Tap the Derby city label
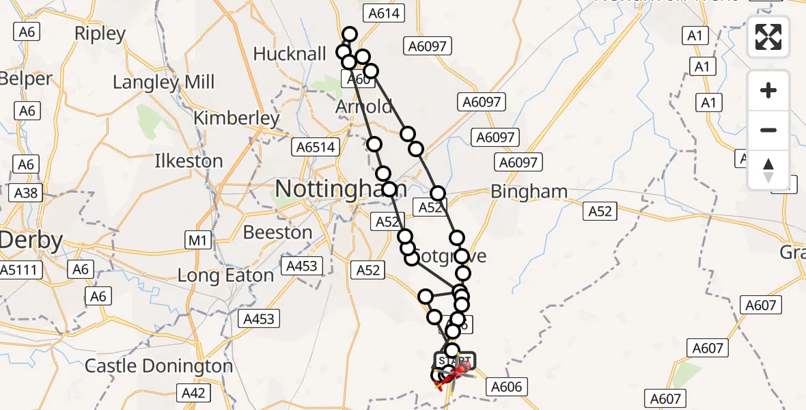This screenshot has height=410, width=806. pyautogui.click(x=31, y=241)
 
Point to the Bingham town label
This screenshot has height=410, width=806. pyautogui.click(x=529, y=192)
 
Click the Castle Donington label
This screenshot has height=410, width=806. pyautogui.click(x=158, y=366)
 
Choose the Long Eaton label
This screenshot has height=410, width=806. pyautogui.click(x=225, y=275)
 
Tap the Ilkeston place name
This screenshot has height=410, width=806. pyautogui.click(x=189, y=161)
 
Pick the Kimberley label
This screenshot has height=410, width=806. pyautogui.click(x=236, y=118)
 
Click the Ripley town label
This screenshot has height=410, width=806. pyautogui.click(x=100, y=33)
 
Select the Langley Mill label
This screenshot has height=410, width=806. pyautogui.click(x=163, y=83)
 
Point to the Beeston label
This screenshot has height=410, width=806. pyautogui.click(x=277, y=232)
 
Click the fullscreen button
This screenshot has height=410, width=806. pyautogui.click(x=768, y=38)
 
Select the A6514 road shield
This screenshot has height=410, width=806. pyautogui.click(x=315, y=147)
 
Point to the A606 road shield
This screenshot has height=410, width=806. pyautogui.click(x=506, y=387)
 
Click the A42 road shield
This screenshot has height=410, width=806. pyautogui.click(x=193, y=393)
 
